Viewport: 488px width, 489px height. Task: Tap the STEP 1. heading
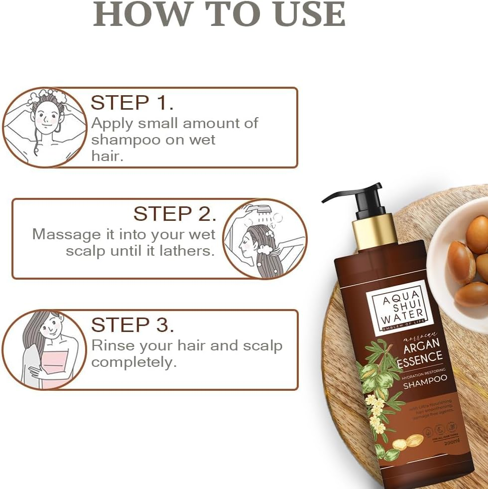132,102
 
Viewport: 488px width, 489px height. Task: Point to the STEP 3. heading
132,325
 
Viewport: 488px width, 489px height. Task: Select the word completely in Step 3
134,362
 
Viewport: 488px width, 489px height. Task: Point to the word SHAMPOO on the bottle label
424,384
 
